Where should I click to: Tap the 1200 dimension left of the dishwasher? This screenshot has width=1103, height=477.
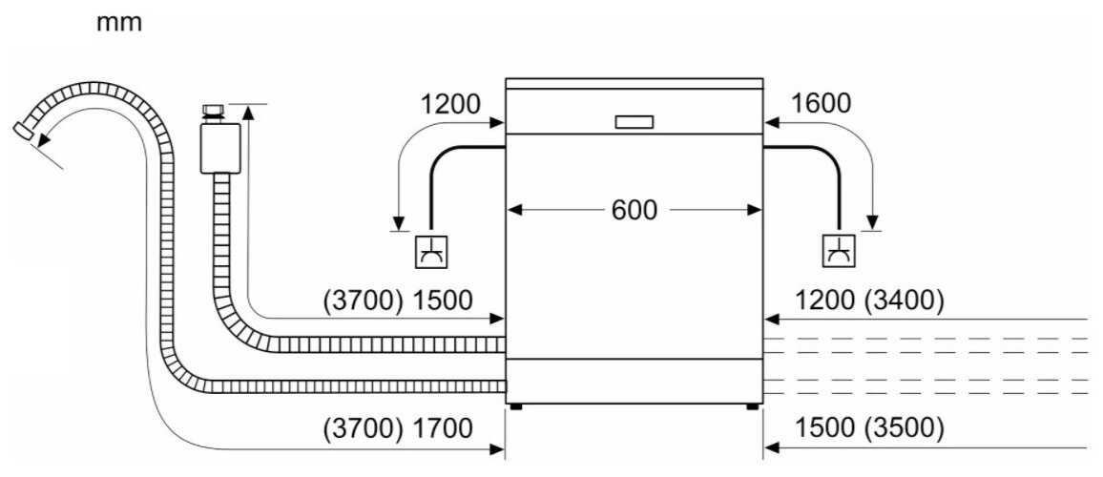coord(448,104)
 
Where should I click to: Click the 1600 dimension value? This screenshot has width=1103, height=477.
coord(821,104)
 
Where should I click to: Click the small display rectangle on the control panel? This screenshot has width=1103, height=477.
coord(635,122)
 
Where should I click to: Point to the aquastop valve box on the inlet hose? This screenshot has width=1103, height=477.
coord(219,148)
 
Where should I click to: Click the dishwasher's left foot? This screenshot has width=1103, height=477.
coord(515,405)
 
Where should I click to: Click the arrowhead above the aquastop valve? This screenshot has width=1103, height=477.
coord(249,113)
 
